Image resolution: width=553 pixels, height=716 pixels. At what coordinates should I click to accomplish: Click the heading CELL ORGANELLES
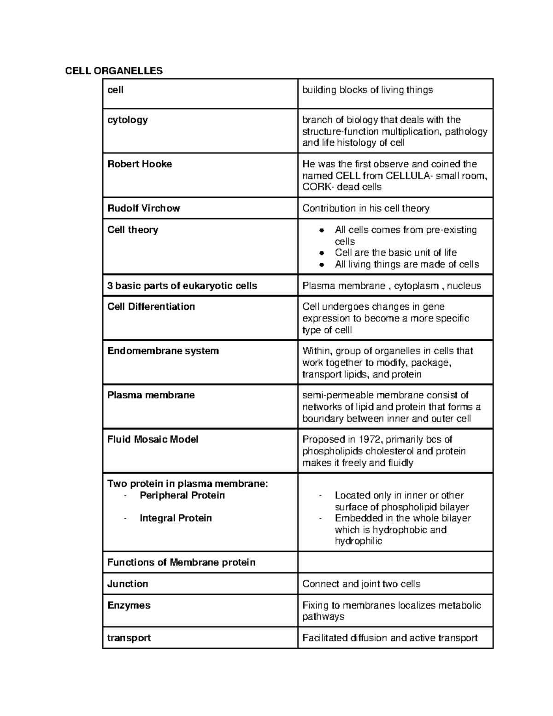point(114,71)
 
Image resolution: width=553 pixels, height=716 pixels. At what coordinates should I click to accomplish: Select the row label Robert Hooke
point(139,164)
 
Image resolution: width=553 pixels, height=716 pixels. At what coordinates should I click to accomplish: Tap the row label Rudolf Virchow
point(143,208)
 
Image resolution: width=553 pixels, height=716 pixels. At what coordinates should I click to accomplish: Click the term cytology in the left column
point(127,120)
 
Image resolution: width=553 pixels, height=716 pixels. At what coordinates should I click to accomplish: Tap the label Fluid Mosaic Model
point(153,439)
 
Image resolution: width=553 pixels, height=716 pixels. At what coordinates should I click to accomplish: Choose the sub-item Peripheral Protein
point(182,496)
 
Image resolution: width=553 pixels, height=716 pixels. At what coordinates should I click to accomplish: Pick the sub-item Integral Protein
point(176,518)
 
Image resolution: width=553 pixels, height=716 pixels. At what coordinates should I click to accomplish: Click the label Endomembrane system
point(163,351)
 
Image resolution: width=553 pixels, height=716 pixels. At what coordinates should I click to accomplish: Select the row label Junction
point(127,584)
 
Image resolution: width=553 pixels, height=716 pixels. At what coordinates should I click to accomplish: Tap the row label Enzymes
point(129,605)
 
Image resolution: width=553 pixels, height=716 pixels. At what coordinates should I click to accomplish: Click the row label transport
point(129,638)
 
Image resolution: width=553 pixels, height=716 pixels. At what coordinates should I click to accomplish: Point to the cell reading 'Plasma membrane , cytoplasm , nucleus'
point(391,286)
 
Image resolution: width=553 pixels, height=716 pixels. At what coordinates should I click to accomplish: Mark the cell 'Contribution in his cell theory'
point(365,208)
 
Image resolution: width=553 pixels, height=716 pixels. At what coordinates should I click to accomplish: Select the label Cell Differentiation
point(151,307)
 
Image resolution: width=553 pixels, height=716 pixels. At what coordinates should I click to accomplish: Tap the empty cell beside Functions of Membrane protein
point(395,562)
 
